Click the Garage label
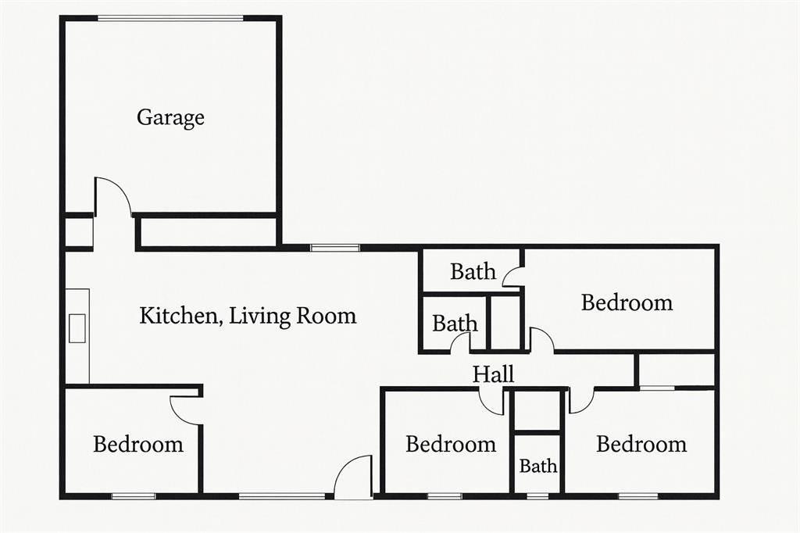coord(170,118)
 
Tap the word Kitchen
coord(179,316)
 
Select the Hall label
coord(493,374)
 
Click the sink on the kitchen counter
coord(77,328)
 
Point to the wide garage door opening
coord(170,19)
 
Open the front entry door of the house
coord(353,477)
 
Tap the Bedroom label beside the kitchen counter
coord(138,444)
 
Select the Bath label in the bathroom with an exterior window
coord(538,466)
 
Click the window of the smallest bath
coord(537,495)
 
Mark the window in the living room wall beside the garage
coord(335,248)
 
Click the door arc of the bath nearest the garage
coord(513,276)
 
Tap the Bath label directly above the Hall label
coord(455,324)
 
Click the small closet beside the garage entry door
coord(79,232)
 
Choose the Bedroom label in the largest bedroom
coord(627,302)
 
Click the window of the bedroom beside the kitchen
coord(134,495)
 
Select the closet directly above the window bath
coord(537,412)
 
